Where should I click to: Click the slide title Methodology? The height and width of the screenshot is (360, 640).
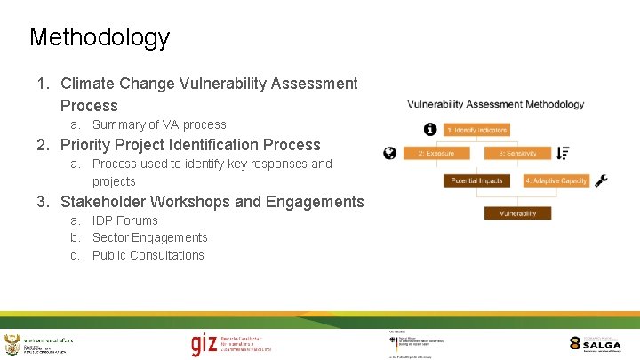pos(99,37)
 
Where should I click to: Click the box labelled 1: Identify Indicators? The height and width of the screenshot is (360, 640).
pos(476,130)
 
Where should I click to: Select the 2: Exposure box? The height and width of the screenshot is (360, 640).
pos(436,154)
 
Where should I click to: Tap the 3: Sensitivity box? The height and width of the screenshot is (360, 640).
pos(516,154)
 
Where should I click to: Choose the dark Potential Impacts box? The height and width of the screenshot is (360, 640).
pos(476,180)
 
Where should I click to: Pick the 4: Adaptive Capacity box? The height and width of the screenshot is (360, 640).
pos(556,180)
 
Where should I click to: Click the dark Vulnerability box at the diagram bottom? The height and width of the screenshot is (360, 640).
pos(517,213)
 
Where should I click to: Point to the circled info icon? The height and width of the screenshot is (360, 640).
pos(430,130)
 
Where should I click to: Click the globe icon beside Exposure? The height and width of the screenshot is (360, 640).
pos(389,154)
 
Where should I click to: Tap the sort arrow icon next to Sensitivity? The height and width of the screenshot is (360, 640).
pos(563,153)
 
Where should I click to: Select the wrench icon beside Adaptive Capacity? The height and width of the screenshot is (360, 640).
pos(601,180)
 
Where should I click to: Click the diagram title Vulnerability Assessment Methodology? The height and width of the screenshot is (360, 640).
pos(496,104)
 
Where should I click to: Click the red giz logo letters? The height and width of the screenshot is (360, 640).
pos(203,344)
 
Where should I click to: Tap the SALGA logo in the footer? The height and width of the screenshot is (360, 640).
pos(595,343)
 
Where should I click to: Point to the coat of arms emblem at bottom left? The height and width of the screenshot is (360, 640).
pos(12,345)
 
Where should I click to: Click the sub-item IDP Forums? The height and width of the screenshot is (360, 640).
pos(124,220)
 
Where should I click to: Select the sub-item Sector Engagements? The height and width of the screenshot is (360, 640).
pos(149,237)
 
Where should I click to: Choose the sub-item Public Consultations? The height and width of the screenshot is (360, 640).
pos(148,255)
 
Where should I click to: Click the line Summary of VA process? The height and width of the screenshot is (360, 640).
pos(159,124)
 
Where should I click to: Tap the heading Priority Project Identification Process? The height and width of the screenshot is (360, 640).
pos(190,145)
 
